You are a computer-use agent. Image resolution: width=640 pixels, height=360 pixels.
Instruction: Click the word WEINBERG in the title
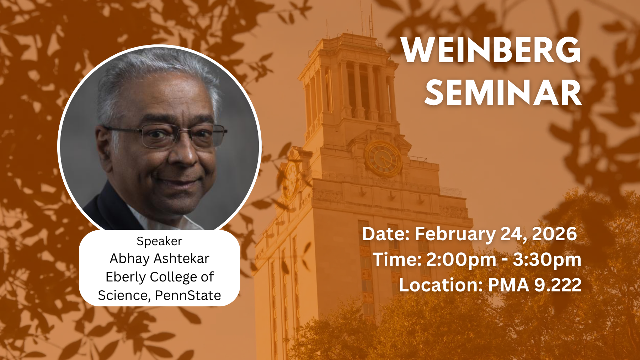click(x=491, y=50)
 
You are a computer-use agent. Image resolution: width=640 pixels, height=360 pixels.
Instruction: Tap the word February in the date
click(x=455, y=234)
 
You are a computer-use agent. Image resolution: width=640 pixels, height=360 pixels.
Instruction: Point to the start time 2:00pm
click(x=461, y=260)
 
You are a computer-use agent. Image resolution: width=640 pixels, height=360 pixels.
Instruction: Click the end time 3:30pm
click(x=547, y=260)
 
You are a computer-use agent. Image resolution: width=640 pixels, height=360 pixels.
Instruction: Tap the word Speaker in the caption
click(x=159, y=242)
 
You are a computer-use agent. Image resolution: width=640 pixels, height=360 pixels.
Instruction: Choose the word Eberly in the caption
click(x=126, y=277)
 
